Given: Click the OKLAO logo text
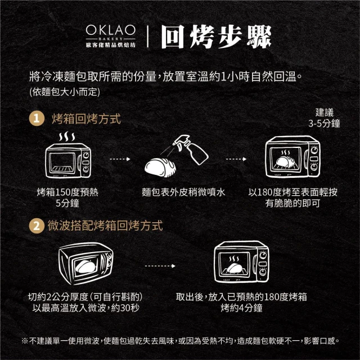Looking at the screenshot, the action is point(110,30).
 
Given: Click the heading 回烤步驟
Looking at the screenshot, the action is point(216,37).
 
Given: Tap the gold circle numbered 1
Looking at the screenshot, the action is point(37,119).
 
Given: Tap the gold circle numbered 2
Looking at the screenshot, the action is point(37,226).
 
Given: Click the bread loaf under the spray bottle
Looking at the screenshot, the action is point(160,167).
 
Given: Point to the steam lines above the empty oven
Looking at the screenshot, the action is point(67,137).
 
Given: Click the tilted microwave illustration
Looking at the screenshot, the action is point(86,263).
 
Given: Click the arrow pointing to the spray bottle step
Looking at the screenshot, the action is point(120,159).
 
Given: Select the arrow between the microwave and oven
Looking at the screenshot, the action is point(160,266).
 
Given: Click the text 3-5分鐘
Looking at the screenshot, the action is point(324,124).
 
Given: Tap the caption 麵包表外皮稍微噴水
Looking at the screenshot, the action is point(183,192).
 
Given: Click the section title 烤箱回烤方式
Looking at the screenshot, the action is point(86,119).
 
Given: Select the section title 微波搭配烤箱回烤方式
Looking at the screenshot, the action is point(105,226).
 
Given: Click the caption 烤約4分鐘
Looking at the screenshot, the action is point(241,308).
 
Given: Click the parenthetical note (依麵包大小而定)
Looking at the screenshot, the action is point(65,92).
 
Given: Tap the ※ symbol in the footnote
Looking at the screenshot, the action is point(25,341).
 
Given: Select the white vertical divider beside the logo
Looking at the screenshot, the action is point(147,37).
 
